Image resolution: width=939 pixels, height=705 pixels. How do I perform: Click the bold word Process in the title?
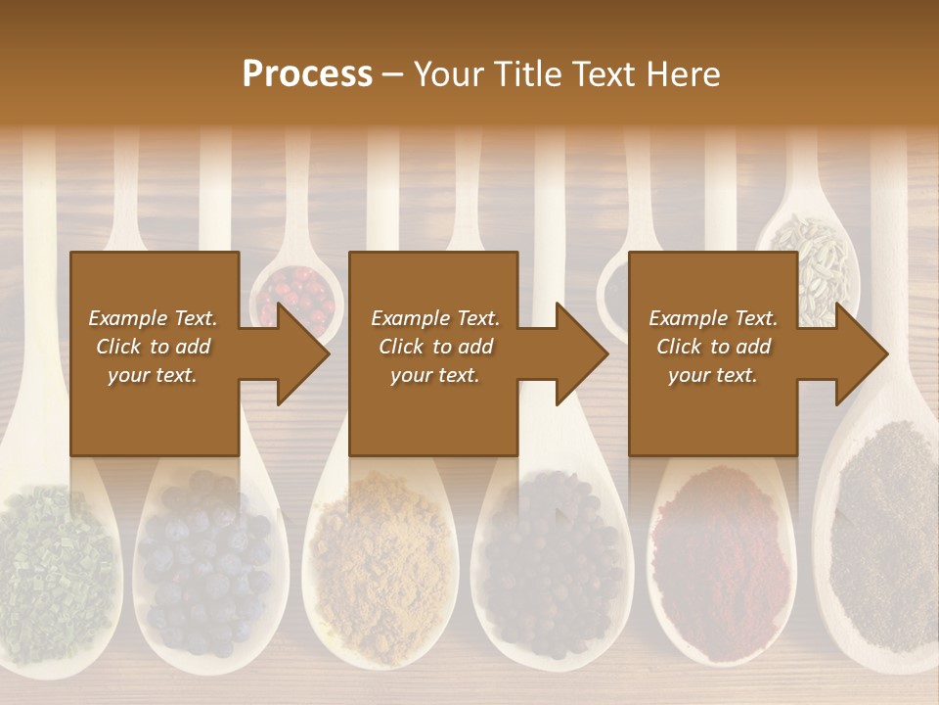(307, 74)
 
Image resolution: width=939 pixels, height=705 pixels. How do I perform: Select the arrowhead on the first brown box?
(298, 353)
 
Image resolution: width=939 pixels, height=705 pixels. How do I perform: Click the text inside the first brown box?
(154, 347)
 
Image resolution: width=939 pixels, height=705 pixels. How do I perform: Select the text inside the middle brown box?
(434, 347)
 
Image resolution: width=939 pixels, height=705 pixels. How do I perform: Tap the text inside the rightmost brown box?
(713, 347)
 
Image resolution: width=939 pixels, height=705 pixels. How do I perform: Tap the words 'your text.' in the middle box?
(434, 375)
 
